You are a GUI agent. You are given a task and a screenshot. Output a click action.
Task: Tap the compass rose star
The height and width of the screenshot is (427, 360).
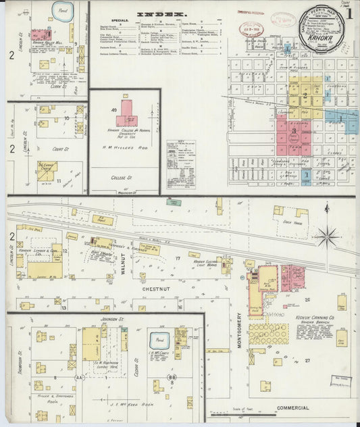pos(328,236)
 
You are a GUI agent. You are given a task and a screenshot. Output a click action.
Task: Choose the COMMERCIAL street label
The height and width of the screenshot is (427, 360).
pos(292,408)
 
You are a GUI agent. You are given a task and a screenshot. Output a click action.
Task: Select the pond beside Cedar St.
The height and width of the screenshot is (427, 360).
pos(160,341)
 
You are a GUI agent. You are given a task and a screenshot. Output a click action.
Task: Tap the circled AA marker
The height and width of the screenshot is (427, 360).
pos(80,378)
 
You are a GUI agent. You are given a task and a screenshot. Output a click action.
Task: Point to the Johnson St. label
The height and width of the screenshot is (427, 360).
pos(112,318)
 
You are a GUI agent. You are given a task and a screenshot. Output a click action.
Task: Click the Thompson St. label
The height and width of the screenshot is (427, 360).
pos(21,361)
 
